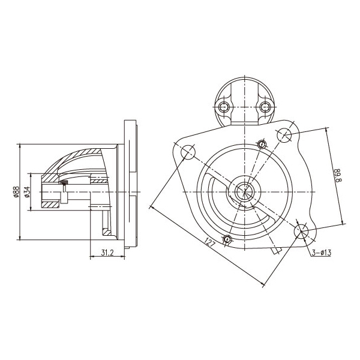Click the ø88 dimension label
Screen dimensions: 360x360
[x=16, y=192]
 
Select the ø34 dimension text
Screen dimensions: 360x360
[x=27, y=192]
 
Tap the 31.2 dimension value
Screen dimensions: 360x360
[x=107, y=253]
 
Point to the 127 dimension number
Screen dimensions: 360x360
[x=210, y=242]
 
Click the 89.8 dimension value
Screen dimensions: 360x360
[x=338, y=175]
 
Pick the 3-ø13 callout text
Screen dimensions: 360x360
[x=322, y=253]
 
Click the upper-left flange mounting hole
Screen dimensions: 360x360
[x=188, y=152]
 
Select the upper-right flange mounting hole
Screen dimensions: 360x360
[x=284, y=135]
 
